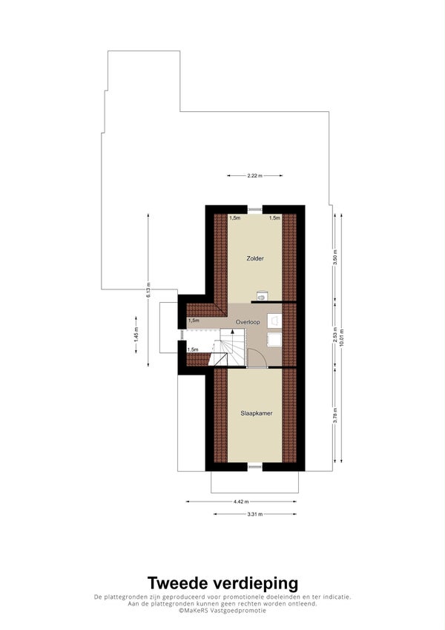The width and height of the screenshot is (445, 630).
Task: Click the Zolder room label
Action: pyautogui.click(x=255, y=258)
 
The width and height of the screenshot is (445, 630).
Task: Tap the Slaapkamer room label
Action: pyautogui.click(x=256, y=413)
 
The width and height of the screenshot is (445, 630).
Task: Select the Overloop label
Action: pyautogui.click(x=248, y=322)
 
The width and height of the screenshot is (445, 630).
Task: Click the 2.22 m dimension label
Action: pyautogui.click(x=254, y=176)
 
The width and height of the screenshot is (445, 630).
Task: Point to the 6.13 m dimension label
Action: pyautogui.click(x=148, y=290)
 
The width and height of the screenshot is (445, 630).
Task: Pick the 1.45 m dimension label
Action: pyautogui.click(x=136, y=335)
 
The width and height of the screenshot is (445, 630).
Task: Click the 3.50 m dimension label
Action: pyautogui.click(x=335, y=256)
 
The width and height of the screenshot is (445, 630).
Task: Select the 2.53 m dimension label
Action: pyautogui.click(x=335, y=336)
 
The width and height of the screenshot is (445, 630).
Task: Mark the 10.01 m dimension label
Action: pyautogui.click(x=342, y=338)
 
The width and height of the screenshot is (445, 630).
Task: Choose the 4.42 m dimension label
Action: pyautogui.click(x=241, y=502)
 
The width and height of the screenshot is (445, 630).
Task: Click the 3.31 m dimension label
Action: pyautogui.click(x=254, y=514)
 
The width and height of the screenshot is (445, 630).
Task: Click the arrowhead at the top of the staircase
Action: pyautogui.click(x=232, y=331)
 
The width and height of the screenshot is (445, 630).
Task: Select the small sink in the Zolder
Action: pyautogui.click(x=262, y=295)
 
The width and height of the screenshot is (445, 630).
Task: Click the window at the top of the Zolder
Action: pyautogui.click(x=254, y=209)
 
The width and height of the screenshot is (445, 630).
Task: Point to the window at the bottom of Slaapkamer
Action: pyautogui.click(x=254, y=466)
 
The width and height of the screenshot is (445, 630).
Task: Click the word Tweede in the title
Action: pyautogui.click(x=178, y=583)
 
